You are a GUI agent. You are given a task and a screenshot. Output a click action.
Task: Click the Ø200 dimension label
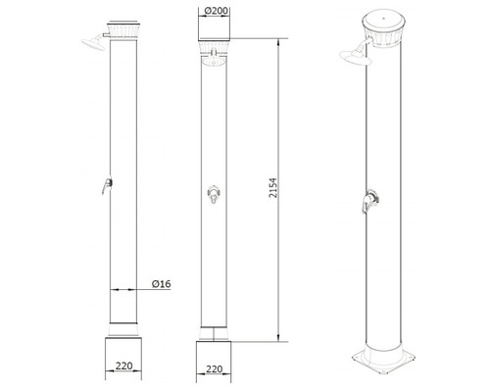(218, 13)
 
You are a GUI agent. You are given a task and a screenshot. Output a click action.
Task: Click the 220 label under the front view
(218, 372)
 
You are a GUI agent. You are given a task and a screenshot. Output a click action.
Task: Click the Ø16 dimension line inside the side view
(125, 290)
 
